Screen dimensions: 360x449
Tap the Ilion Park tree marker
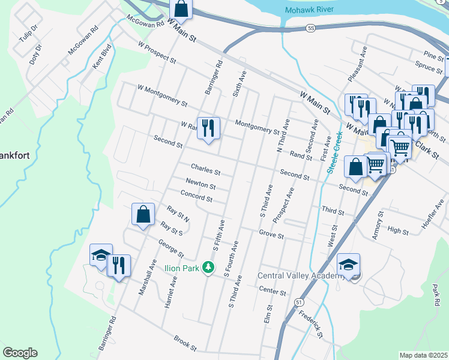[208, 266]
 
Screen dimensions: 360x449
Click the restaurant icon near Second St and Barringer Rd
[208, 128]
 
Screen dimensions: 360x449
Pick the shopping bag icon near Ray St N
[143, 215]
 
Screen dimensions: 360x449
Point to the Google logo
[20, 353]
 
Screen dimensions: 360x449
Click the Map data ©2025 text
[423, 355]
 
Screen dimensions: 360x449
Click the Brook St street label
[185, 344]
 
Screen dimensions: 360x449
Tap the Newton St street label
[200, 182]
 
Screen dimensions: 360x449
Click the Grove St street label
[271, 235]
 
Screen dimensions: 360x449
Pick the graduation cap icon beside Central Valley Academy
[349, 264]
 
